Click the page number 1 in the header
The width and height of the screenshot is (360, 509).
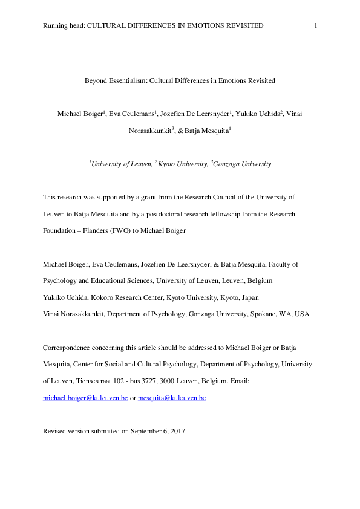[316, 25]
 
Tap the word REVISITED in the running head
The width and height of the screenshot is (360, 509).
[241, 25]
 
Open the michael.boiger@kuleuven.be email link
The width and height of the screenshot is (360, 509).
[85, 398]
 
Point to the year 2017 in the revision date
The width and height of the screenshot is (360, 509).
[176, 432]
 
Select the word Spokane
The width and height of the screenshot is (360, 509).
[261, 314]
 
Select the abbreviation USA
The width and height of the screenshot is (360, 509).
[301, 314]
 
